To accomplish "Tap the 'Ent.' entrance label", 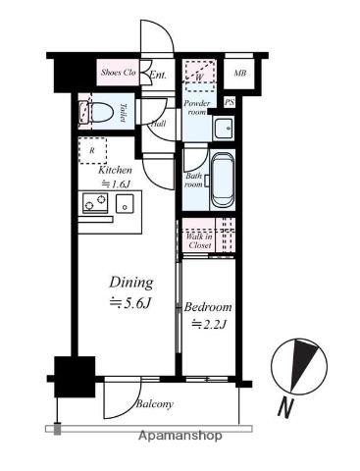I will (x=158, y=74).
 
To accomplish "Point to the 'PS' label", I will (x=231, y=102).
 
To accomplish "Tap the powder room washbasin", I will (x=223, y=128).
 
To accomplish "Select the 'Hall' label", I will (x=158, y=125).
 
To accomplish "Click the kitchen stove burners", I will (x=95, y=204).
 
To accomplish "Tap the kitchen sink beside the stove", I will (x=126, y=203).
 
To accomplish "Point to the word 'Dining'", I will (x=129, y=279).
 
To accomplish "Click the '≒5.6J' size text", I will (x=129, y=303).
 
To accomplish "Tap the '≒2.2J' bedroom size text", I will (x=210, y=324).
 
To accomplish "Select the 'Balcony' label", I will (x=154, y=404).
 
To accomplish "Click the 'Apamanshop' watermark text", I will (x=180, y=435).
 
